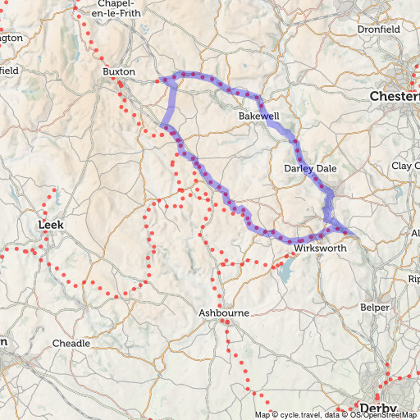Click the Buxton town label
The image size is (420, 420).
coord(118,72)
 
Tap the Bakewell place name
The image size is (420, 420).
coord(259,116)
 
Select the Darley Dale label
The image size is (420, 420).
coord(310,168)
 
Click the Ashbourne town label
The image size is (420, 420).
coord(224,313)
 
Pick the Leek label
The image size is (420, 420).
coord(52,224)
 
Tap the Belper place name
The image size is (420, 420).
coord(374,308)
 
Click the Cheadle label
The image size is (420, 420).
coord(71,343)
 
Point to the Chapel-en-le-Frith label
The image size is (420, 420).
coord(125,8)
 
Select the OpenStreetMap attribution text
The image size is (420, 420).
coord(392,415)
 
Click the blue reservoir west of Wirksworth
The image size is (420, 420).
coord(285,271)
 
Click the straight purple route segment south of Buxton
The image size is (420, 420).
coord(171,104)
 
